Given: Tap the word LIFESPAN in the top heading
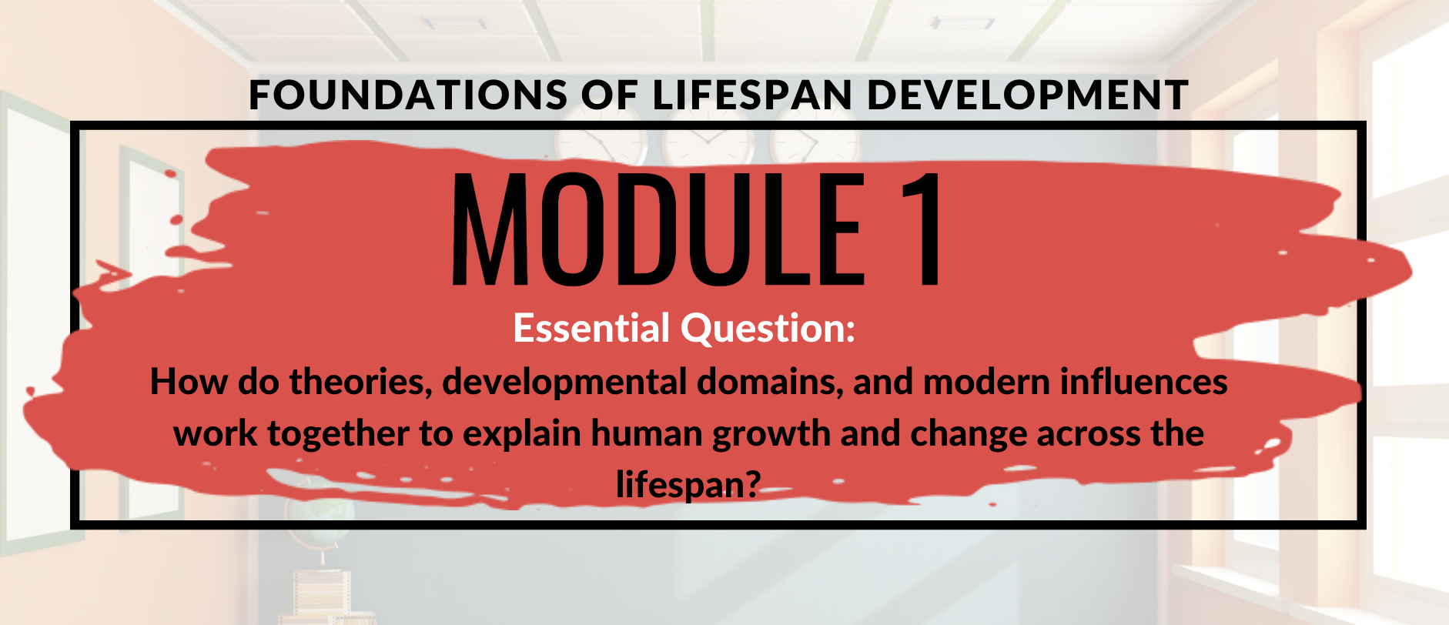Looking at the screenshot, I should pyautogui.click(x=751, y=95).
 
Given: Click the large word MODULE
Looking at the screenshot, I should pyautogui.click(x=658, y=229).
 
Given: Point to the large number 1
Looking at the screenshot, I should pyautogui.click(x=922, y=229).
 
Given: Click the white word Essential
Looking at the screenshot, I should pyautogui.click(x=591, y=328).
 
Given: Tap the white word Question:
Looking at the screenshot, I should pyautogui.click(x=768, y=328).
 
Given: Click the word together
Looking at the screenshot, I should pyautogui.click(x=338, y=433).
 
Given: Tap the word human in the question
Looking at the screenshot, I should pyautogui.click(x=648, y=433).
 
